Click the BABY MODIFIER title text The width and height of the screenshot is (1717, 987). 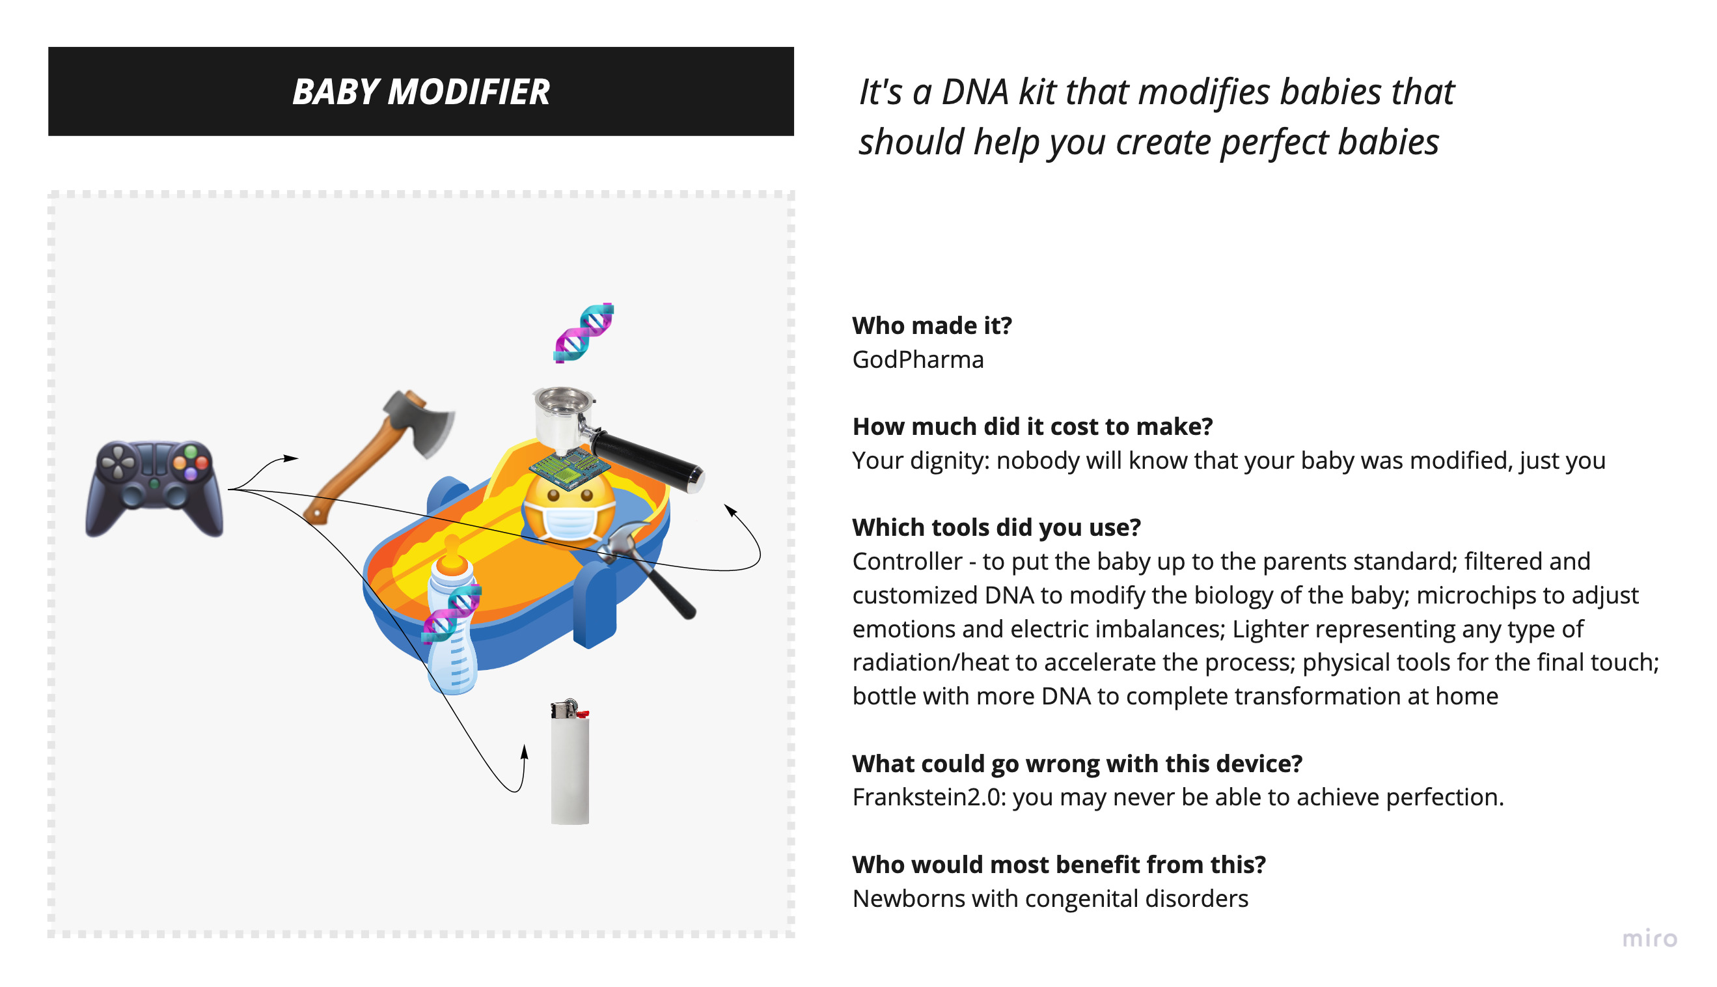coord(420,92)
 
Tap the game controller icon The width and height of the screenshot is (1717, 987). coord(154,488)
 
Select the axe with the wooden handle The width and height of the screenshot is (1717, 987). coord(379,456)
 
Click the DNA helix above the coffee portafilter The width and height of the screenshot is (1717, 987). coord(584,333)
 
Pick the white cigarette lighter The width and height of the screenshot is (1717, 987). coord(570,761)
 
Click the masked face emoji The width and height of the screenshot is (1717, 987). coord(569,508)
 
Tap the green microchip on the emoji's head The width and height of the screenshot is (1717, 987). coord(569,467)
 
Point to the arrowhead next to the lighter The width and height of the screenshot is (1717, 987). coord(525,752)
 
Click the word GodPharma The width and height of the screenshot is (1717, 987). coord(918,360)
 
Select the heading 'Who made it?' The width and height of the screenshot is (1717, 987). coord(932,326)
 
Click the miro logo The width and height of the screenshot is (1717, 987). coord(1649,939)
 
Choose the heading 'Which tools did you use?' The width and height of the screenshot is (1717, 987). coord(996,527)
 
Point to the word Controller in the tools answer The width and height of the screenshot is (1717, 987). coord(907,561)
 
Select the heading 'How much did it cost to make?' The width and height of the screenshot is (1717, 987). coord(1033,426)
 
